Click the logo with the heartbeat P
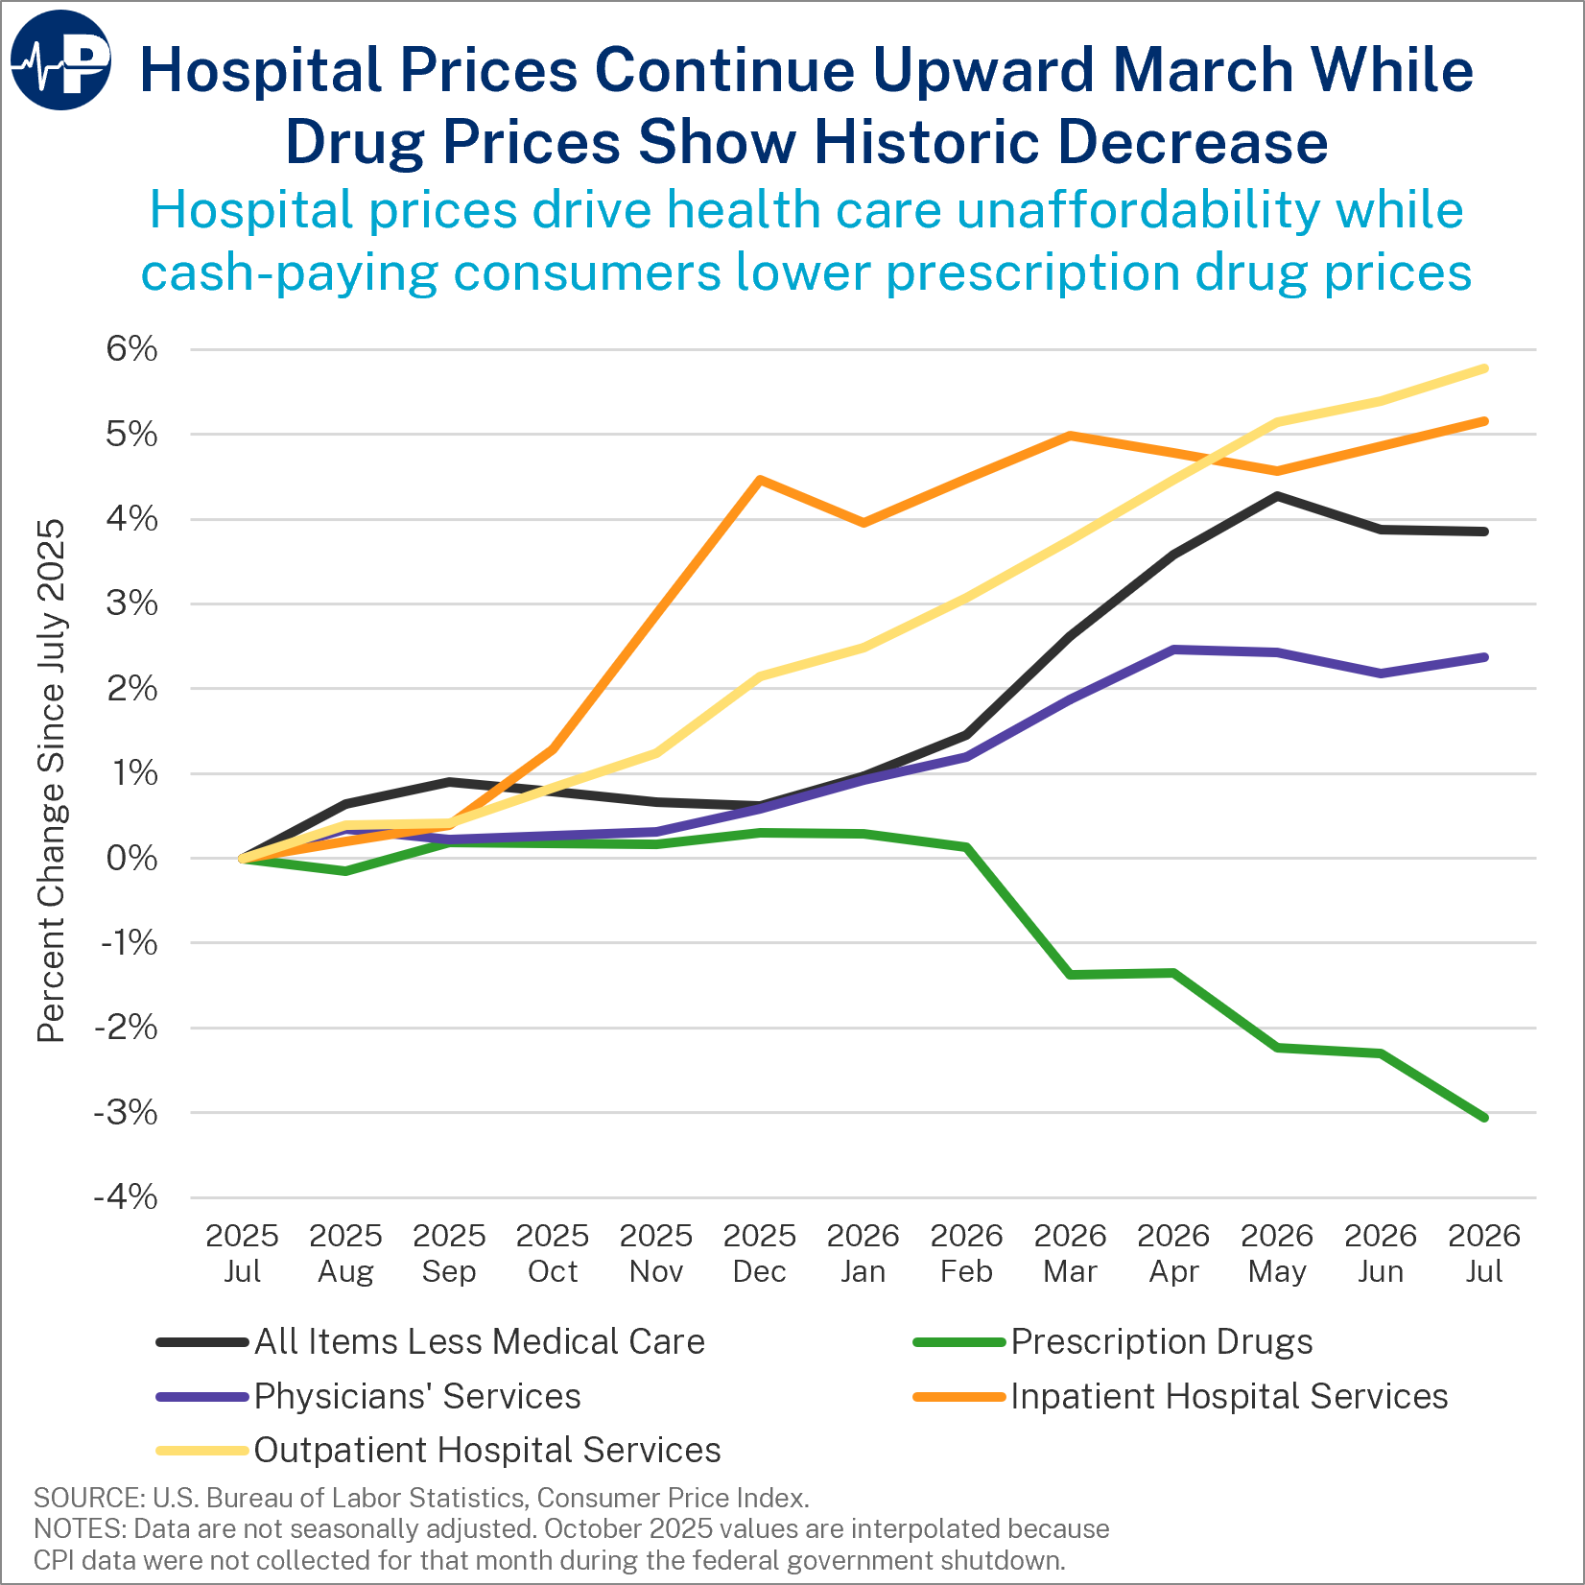click(x=60, y=60)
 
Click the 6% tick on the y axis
click(x=131, y=349)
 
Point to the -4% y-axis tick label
click(x=126, y=1197)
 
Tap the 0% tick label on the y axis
click(x=131, y=858)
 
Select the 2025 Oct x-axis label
click(x=553, y=1253)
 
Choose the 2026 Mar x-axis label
click(x=1070, y=1253)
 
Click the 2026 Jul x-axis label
click(x=1484, y=1253)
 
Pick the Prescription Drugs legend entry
click(x=1113, y=1341)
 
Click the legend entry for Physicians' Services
click(x=368, y=1396)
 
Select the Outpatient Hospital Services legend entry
click(x=438, y=1450)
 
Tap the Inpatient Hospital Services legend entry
click(x=1180, y=1396)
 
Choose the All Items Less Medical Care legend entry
click(x=431, y=1341)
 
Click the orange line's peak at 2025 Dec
click(x=760, y=479)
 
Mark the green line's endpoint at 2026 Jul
click(x=1484, y=1118)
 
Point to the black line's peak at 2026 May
click(x=1277, y=496)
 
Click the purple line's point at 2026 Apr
click(x=1173, y=650)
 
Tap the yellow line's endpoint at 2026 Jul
click(x=1484, y=368)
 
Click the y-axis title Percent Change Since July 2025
click(x=51, y=781)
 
